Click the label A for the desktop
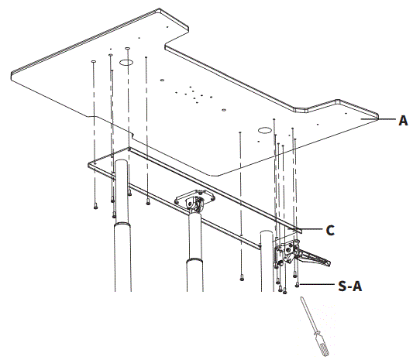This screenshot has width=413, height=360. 403,121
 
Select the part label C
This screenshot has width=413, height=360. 329,230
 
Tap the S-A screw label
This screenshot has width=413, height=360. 350,286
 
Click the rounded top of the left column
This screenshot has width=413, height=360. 121,164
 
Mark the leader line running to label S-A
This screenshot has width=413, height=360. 317,285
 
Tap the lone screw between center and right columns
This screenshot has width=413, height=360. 243,276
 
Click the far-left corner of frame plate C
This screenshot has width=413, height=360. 90,163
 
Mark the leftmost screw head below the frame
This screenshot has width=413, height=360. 94,207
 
